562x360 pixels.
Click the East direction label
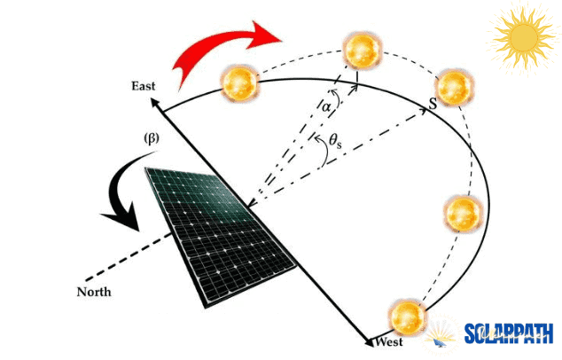(144, 86)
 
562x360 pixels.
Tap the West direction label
(389, 341)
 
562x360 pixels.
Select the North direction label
(94, 292)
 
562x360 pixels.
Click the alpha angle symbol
(326, 106)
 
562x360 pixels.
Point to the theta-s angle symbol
(335, 141)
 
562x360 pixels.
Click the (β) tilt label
(152, 138)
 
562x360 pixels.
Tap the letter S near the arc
(433, 104)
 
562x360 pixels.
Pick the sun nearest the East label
(239, 82)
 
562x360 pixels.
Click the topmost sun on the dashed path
(362, 50)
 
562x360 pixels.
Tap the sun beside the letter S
(454, 88)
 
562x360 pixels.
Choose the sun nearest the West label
(407, 317)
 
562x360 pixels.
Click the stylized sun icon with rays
(524, 37)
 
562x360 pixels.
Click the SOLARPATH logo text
(509, 333)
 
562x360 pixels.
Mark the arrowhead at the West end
(369, 341)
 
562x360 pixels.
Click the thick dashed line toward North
(128, 256)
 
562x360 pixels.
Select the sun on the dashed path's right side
(463, 214)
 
